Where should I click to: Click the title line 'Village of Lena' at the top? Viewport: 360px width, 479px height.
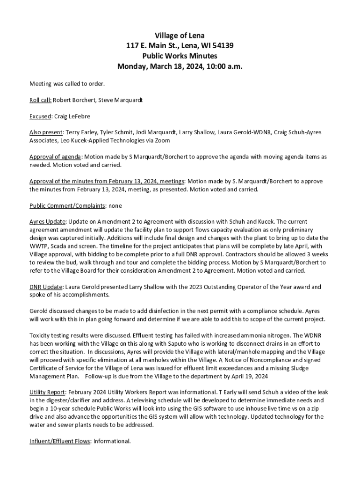click(180, 36)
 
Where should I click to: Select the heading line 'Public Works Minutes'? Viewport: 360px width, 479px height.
click(180, 56)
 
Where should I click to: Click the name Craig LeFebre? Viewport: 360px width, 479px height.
click(72, 116)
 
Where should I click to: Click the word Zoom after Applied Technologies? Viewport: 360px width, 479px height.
click(162, 140)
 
